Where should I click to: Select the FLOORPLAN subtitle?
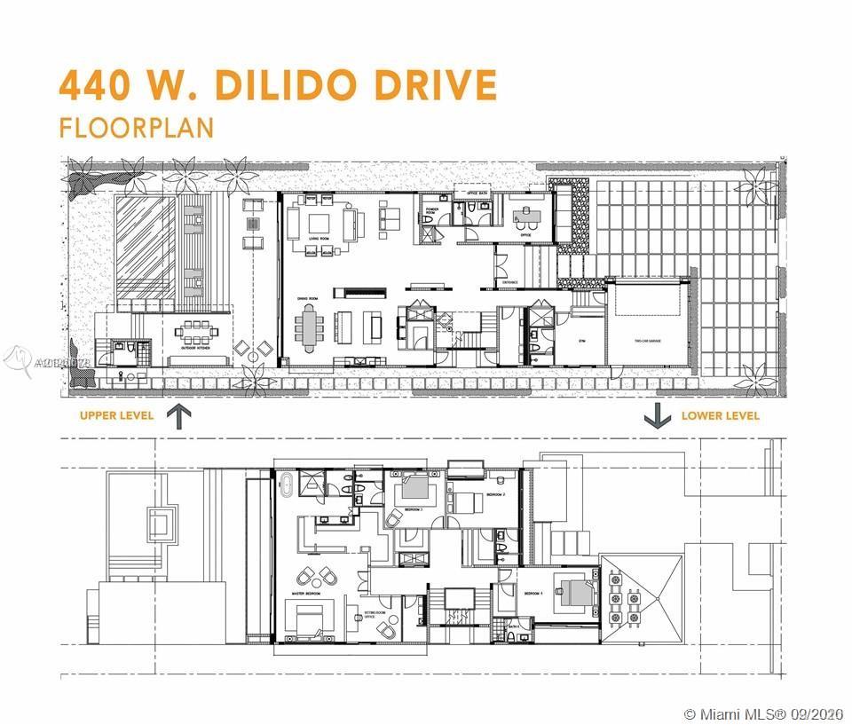pyautogui.click(x=137, y=127)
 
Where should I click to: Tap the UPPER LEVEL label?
pyautogui.click(x=116, y=415)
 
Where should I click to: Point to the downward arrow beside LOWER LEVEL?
pyautogui.click(x=657, y=414)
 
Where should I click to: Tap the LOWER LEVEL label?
pyautogui.click(x=720, y=415)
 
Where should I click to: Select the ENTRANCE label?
pyautogui.click(x=510, y=282)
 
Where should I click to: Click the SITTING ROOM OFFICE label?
pyautogui.click(x=374, y=615)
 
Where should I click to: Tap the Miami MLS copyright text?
pyautogui.click(x=764, y=714)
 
